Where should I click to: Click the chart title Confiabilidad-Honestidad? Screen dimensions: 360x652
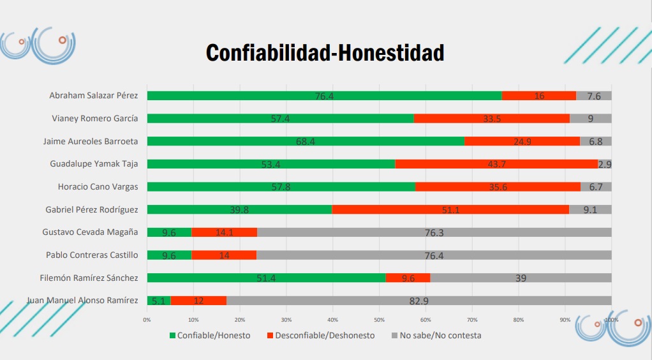(x=325, y=53)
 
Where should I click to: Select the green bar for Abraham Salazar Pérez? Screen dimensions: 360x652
(x=324, y=96)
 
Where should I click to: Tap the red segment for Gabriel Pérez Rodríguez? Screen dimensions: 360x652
(x=450, y=209)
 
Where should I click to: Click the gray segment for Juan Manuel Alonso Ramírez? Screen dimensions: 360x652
(x=419, y=301)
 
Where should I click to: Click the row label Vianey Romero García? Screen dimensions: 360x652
(x=94, y=118)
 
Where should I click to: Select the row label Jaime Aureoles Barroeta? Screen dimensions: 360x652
(x=90, y=141)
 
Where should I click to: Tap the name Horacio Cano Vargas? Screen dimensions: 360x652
(x=93, y=186)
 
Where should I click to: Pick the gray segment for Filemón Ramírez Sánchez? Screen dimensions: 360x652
(x=521, y=278)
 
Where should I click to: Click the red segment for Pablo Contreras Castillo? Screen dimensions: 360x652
(x=224, y=255)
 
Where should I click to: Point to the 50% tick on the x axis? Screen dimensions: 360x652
(x=379, y=320)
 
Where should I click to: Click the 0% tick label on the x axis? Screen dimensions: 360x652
(x=147, y=320)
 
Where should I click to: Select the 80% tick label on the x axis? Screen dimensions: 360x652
(x=519, y=320)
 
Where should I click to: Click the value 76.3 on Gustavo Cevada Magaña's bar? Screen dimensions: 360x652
(x=434, y=232)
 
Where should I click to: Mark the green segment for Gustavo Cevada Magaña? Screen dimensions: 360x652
(x=169, y=232)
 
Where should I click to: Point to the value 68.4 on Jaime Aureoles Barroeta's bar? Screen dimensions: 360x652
(x=306, y=141)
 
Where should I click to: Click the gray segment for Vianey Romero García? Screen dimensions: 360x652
(x=591, y=118)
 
